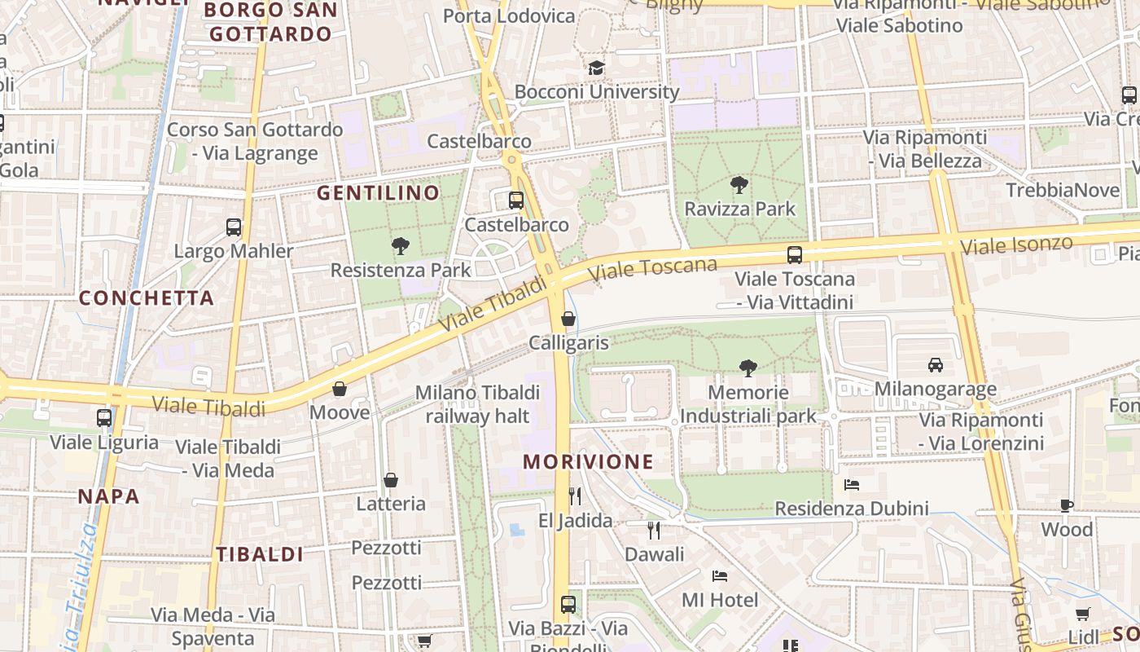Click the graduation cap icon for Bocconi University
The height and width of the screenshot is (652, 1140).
[x=597, y=68]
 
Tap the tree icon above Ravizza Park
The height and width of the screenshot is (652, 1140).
[x=739, y=185]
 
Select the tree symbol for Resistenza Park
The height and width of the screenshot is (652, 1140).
[x=400, y=245]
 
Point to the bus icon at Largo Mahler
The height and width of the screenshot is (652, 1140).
[x=234, y=227]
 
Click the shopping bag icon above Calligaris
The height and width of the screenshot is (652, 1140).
[x=568, y=319]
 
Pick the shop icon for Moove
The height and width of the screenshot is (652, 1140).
[x=340, y=389]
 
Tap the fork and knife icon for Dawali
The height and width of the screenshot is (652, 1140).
[x=653, y=531]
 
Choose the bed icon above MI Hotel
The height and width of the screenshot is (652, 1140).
[x=720, y=576]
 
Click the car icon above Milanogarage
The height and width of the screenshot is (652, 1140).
[x=935, y=365]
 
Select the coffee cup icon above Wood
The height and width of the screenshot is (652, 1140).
[x=1067, y=506]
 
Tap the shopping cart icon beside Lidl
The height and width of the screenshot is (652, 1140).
[x=1082, y=614]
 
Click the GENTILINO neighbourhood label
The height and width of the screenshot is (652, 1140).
[x=378, y=193]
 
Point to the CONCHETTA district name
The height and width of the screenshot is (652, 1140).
[x=147, y=298]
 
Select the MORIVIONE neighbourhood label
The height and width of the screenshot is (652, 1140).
[x=588, y=462]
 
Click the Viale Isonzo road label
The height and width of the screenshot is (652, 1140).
[x=1015, y=244]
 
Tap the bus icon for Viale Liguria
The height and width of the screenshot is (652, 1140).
[x=104, y=418]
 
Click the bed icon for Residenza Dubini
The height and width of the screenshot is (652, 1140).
[x=852, y=485]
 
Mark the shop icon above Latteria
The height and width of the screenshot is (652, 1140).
[x=391, y=480]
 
